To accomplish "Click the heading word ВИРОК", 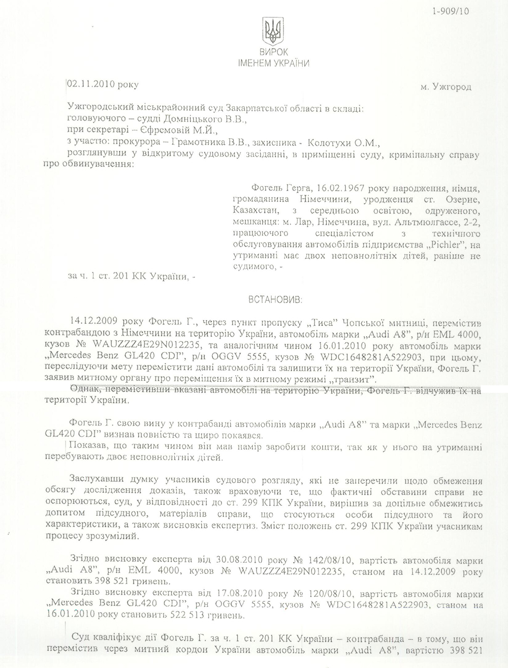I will click(274, 52).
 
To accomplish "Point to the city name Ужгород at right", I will click(452, 87).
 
